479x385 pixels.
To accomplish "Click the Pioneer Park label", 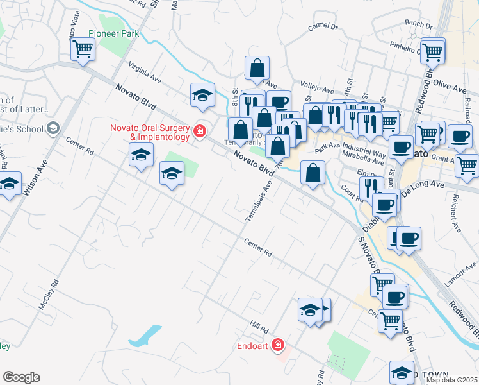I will click(113, 33).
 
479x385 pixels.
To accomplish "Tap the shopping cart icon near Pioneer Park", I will click(83, 49).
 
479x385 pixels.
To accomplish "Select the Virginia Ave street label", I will click(144, 73).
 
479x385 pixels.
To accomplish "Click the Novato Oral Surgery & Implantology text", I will click(150, 132).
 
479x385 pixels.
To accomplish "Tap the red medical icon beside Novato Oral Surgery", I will click(200, 132).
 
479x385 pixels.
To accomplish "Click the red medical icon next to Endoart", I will click(277, 345).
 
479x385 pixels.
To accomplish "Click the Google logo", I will click(21, 377).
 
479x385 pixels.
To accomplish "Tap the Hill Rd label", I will click(259, 329).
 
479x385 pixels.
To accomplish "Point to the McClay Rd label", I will click(49, 295).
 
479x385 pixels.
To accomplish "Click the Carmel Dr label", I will click(321, 26).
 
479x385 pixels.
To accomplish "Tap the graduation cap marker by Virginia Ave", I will click(202, 95).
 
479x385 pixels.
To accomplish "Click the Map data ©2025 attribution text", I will click(452, 380).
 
